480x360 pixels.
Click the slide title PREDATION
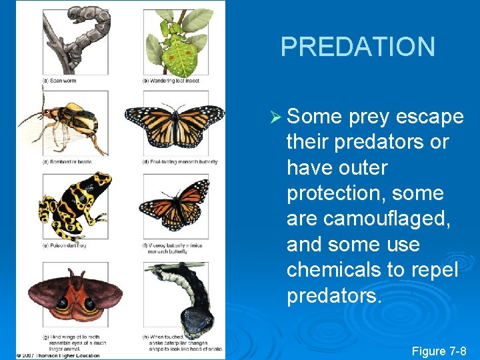pos(357,47)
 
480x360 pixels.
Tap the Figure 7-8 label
pos(439,351)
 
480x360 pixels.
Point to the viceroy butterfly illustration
pos(175,207)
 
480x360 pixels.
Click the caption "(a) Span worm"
pos(60,81)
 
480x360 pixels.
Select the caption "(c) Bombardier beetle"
pos(66,162)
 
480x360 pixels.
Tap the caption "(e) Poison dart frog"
pos(65,245)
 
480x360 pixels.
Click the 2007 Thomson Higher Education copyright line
pos(58,355)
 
